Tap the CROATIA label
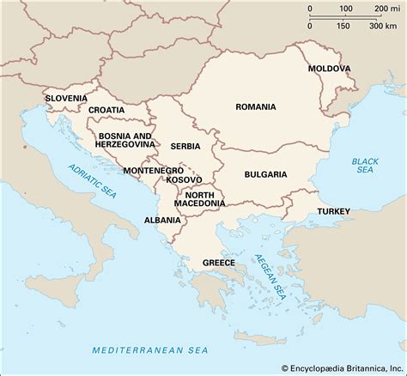click(x=110, y=110)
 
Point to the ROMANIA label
click(x=256, y=107)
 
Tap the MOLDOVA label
click(x=331, y=68)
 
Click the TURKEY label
click(x=332, y=210)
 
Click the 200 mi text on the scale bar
click(x=384, y=8)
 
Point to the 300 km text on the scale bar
click(x=382, y=25)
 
